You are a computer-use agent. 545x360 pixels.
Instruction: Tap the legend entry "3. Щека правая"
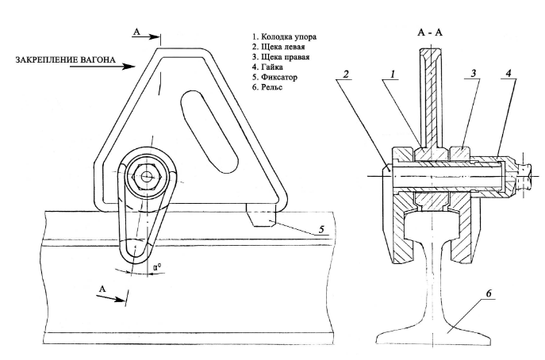[285, 57]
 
